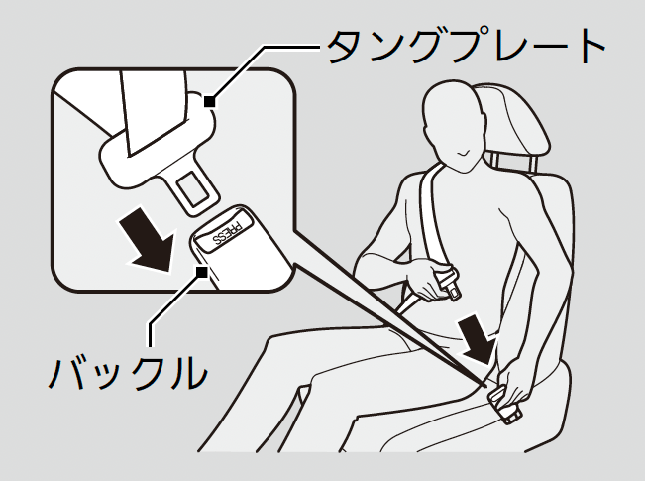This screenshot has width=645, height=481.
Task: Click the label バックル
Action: (x=128, y=372)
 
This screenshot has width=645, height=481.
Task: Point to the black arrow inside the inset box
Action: (x=149, y=240)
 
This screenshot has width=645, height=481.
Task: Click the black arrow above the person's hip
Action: (x=481, y=340)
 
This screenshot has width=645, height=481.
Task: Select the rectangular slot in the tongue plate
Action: (x=193, y=188)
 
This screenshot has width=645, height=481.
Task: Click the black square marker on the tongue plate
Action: (x=210, y=101)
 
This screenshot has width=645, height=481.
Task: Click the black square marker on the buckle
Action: (x=201, y=272)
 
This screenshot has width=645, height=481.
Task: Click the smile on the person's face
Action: (x=465, y=153)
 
